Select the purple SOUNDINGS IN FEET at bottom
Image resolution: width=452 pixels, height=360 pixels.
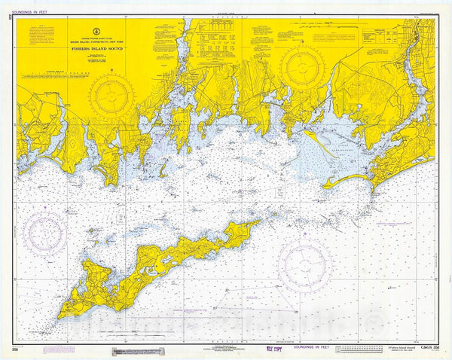302,349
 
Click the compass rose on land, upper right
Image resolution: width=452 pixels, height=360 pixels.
303,66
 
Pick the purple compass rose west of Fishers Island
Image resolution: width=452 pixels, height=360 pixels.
44,233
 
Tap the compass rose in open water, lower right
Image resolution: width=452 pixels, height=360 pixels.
304,264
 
